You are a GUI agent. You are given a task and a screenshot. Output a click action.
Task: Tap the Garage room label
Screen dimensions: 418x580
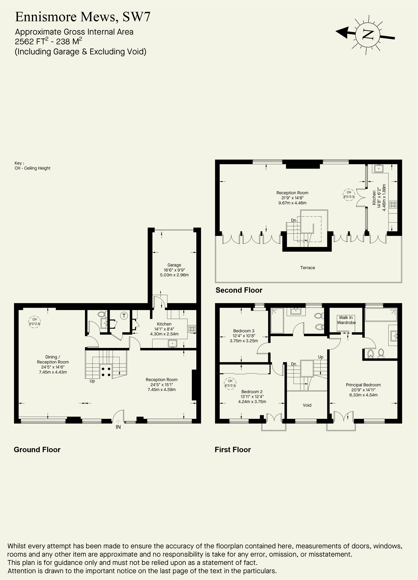click(x=174, y=265)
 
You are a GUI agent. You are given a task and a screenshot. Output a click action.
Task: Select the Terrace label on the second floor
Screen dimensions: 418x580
click(x=307, y=268)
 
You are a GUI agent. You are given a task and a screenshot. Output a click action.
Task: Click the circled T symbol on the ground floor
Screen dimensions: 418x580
click(x=124, y=316)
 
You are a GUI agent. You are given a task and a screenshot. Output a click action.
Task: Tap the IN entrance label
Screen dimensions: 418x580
click(x=118, y=427)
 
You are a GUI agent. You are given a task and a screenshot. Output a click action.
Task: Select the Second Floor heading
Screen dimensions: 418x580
click(x=239, y=290)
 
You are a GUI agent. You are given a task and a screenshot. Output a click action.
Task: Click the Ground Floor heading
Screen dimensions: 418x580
click(x=37, y=450)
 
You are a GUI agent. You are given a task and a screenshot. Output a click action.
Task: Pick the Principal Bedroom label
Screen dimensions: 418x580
click(x=363, y=385)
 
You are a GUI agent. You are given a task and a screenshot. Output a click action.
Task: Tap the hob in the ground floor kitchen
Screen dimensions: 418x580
click(x=192, y=329)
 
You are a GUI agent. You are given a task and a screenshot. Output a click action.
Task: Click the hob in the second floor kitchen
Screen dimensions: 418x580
click(x=393, y=204)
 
